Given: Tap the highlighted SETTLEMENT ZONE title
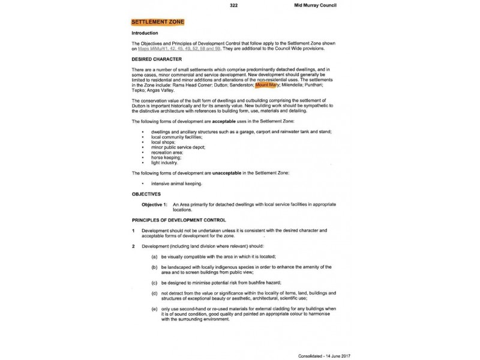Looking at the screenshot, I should pyautogui.click(x=157, y=22).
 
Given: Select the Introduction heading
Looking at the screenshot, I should pyautogui.click(x=145, y=33).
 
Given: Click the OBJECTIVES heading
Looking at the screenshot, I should pyautogui.click(x=146, y=194).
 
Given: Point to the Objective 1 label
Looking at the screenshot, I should pyautogui.click(x=155, y=205).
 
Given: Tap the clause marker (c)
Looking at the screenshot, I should pyautogui.click(x=155, y=282).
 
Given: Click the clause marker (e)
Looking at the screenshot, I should pyautogui.click(x=155, y=308).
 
